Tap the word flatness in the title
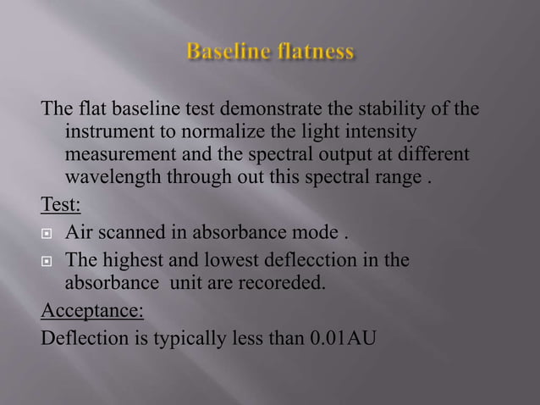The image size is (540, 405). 315,53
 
